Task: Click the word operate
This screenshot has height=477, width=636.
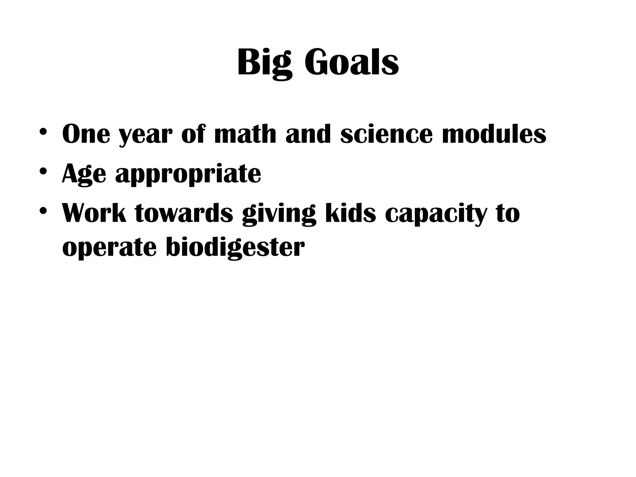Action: [x=109, y=248]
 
